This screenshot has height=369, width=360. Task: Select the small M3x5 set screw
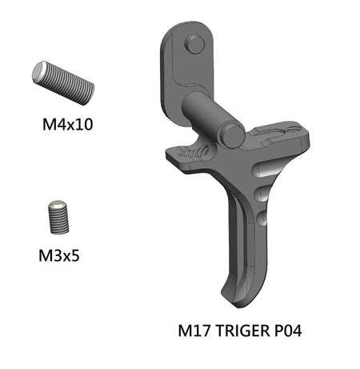pos(58,216)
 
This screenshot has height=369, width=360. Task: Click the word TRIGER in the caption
pos(240,329)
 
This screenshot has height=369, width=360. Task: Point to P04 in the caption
pos(286,329)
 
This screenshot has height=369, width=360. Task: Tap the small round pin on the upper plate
pos(194,45)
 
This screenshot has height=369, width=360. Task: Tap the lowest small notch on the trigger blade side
pos(265,219)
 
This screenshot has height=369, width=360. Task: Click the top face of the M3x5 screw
pos(56,206)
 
